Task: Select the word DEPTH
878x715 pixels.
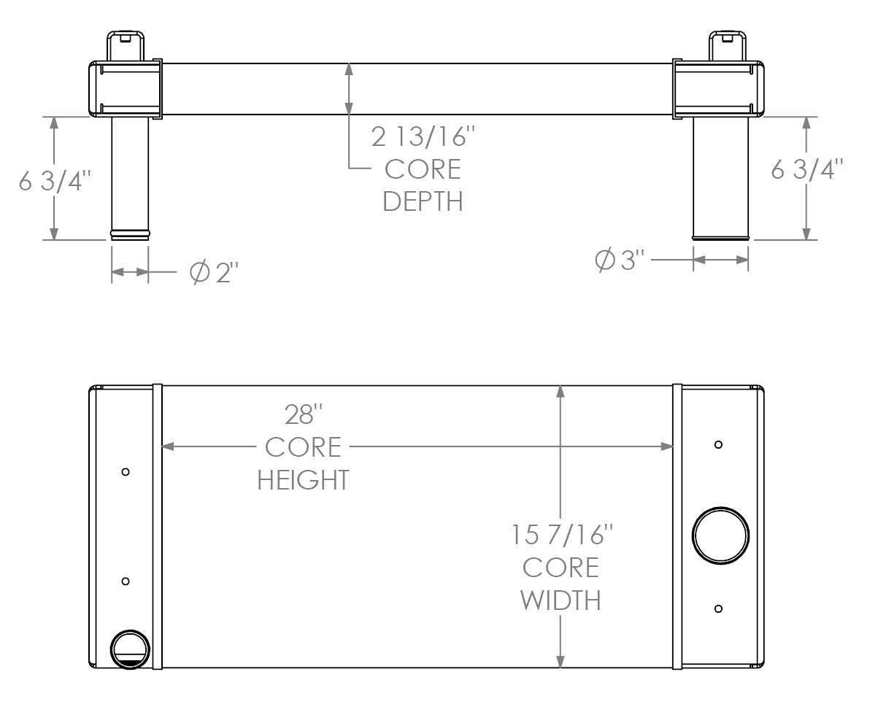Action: click(423, 201)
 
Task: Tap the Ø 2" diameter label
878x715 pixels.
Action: click(214, 273)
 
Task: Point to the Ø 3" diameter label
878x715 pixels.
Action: click(621, 260)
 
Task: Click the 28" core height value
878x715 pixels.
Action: click(303, 415)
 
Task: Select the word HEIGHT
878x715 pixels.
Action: click(303, 479)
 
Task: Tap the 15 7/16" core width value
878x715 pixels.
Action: click(560, 536)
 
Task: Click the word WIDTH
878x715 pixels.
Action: click(560, 600)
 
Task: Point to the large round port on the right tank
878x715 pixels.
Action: click(720, 536)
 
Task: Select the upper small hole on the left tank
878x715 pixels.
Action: click(126, 472)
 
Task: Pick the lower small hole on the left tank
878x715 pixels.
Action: click(126, 581)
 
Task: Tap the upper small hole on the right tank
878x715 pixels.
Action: click(719, 445)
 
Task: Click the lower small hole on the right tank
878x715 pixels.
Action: click(719, 608)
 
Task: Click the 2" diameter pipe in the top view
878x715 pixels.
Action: click(130, 175)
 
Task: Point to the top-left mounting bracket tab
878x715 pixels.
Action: click(125, 44)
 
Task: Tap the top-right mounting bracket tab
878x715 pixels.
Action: click(728, 44)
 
